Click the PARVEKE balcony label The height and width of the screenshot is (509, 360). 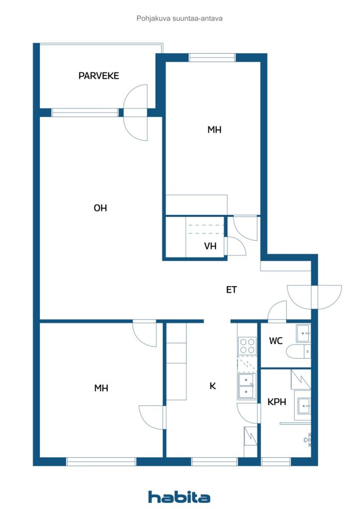[98, 76]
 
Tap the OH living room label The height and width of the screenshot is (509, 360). [100, 208]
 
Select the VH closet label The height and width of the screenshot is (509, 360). [210, 246]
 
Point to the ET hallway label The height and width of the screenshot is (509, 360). [231, 290]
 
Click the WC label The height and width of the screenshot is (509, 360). [275, 341]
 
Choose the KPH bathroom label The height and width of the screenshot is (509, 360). [276, 402]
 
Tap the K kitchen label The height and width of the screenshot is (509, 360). [213, 386]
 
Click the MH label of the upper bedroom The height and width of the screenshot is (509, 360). [214, 130]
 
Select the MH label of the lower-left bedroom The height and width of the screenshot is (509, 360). [101, 388]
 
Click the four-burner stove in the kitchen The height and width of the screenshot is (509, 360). [247, 346]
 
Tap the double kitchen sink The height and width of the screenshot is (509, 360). [247, 386]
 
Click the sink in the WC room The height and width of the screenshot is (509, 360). [303, 333]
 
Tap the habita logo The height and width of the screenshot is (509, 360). [179, 497]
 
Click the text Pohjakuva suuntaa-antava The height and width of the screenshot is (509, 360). [180, 18]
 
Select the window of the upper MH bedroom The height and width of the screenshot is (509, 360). [212, 58]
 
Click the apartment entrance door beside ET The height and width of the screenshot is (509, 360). [314, 297]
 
